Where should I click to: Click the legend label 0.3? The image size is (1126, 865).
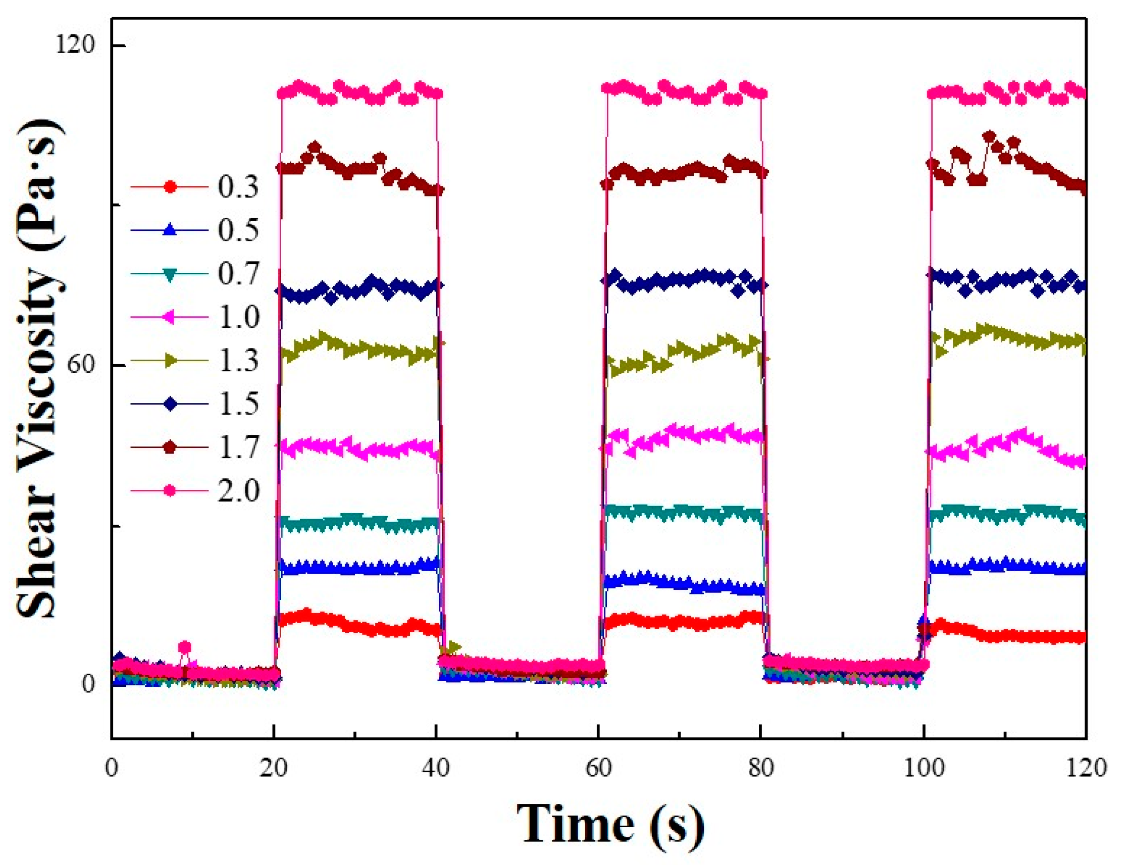238,186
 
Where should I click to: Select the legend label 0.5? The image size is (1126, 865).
238,230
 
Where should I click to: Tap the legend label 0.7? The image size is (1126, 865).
238,274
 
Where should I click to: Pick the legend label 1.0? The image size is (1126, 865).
238,318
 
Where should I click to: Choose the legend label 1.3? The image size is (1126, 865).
238,361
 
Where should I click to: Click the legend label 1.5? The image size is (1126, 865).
238,404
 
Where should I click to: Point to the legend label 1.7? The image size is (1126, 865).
238,447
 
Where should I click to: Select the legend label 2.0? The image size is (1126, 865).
238,491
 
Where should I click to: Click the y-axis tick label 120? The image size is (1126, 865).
76,45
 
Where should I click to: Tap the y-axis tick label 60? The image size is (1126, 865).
82,365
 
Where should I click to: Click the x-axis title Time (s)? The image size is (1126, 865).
611,824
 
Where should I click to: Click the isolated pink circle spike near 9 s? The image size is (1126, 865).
185,648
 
